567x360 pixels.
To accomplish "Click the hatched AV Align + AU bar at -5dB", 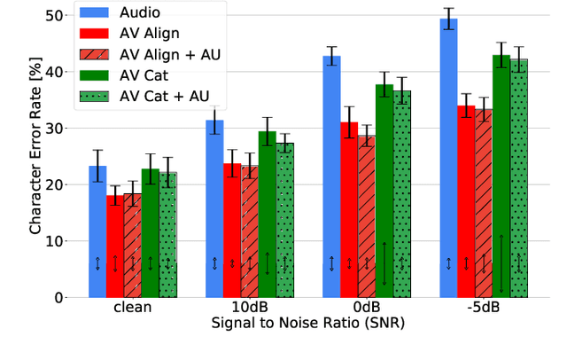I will pyautogui.click(x=483, y=203).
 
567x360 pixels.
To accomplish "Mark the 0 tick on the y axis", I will pyautogui.click(x=58, y=297).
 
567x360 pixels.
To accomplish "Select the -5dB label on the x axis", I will pyautogui.click(x=483, y=309).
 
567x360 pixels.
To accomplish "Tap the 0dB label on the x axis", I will pyautogui.click(x=366, y=309).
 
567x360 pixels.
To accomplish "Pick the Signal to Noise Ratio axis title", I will pyautogui.click(x=307, y=324).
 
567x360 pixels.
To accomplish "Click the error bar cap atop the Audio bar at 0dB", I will pyautogui.click(x=331, y=47).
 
